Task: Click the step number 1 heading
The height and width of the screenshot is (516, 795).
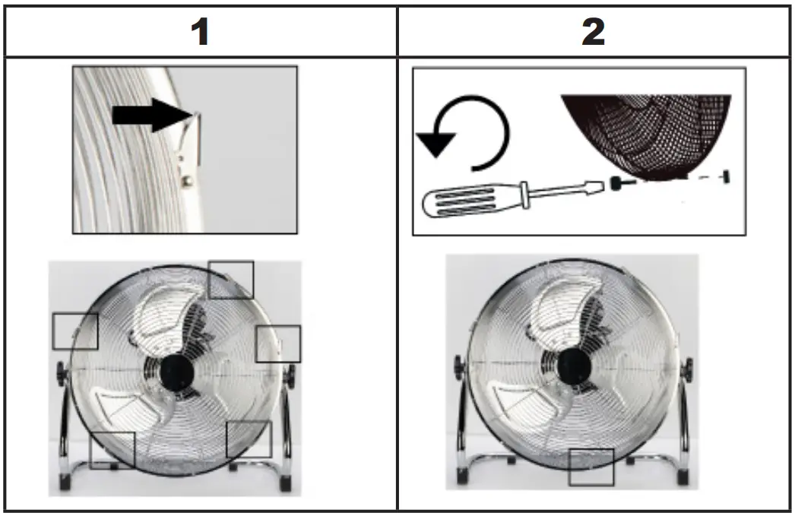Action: tap(200, 32)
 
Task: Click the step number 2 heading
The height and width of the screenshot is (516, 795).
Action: tap(594, 32)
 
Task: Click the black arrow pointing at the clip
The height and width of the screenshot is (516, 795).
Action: tap(149, 115)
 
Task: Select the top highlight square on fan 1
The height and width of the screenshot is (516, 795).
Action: tap(230, 280)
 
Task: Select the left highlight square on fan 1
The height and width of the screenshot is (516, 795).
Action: tap(75, 331)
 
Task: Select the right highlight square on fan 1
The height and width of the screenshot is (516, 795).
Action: tap(278, 343)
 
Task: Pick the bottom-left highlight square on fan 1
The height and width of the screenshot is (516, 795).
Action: tap(112, 451)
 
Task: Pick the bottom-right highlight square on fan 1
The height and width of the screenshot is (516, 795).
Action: tap(249, 439)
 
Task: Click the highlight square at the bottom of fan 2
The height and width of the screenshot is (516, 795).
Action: tap(591, 467)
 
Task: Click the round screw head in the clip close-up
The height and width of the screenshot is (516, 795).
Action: tap(185, 181)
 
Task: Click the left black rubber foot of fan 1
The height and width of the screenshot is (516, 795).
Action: tap(66, 483)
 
